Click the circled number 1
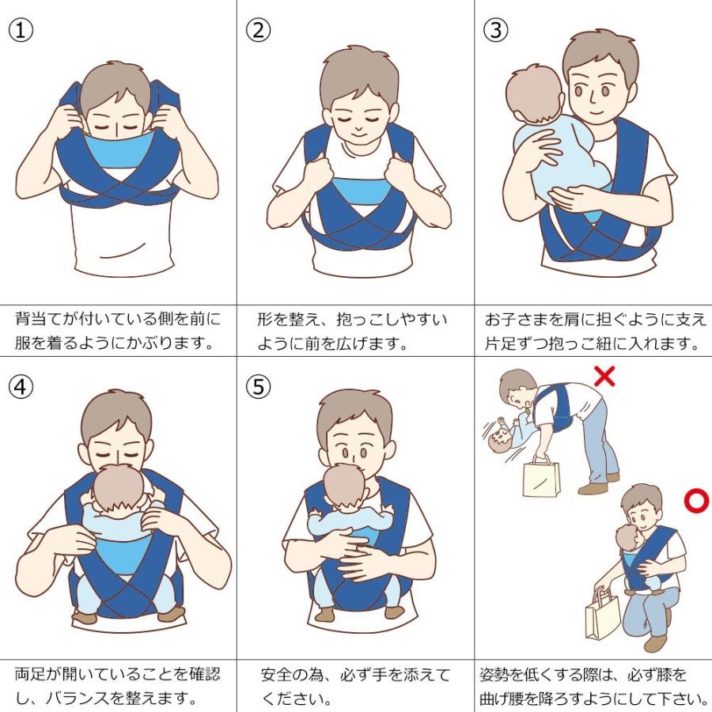pyautogui.click(x=21, y=30)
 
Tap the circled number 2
pyautogui.click(x=259, y=30)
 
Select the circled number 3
pyautogui.click(x=495, y=30)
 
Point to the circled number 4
pyautogui.click(x=21, y=387)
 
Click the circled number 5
pyautogui.click(x=259, y=387)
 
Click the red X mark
pyautogui.click(x=604, y=376)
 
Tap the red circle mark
pyautogui.click(x=696, y=501)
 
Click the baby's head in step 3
pyautogui.click(x=535, y=94)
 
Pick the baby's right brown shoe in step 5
pyautogui.click(x=394, y=612)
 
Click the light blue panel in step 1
pyautogui.click(x=119, y=153)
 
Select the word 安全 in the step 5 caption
pyautogui.click(x=277, y=675)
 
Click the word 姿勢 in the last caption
pyautogui.click(x=495, y=675)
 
